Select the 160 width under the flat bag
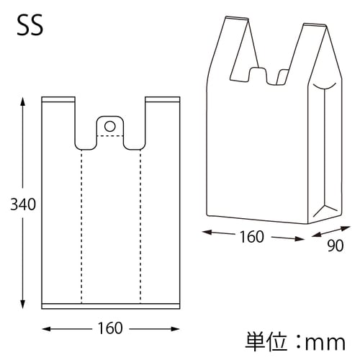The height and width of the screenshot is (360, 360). coord(109,328)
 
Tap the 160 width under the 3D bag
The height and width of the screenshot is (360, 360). coord(252,235)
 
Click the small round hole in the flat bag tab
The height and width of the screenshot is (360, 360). coord(109,126)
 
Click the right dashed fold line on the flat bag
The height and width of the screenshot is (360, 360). coord(140,223)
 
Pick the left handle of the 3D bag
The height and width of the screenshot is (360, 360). coord(228,50)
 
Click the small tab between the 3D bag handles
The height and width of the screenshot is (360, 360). coord(260,74)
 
